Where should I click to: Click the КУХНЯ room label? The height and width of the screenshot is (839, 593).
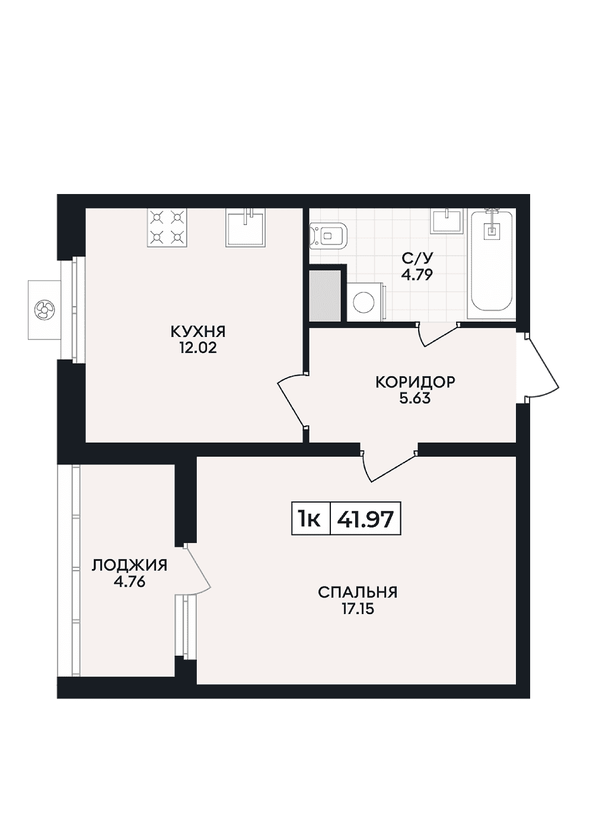(x=198, y=332)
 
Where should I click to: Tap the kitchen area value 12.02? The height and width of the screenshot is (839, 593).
(x=198, y=349)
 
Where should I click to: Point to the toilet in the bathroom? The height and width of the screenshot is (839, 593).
(x=329, y=236)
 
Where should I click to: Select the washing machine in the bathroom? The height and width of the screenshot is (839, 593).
(x=365, y=301)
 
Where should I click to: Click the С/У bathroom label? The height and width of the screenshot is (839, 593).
(x=417, y=259)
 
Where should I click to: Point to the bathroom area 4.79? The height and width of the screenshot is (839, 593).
(x=417, y=276)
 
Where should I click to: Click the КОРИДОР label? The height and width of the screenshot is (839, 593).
(x=415, y=382)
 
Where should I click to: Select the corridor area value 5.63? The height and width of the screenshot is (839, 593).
(x=415, y=399)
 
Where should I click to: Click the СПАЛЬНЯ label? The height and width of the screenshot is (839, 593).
(x=358, y=593)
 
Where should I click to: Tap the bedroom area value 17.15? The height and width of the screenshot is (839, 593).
(x=358, y=610)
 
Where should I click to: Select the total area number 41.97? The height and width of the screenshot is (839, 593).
(x=365, y=520)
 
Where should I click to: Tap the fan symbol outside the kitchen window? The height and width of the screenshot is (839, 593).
(x=44, y=310)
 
